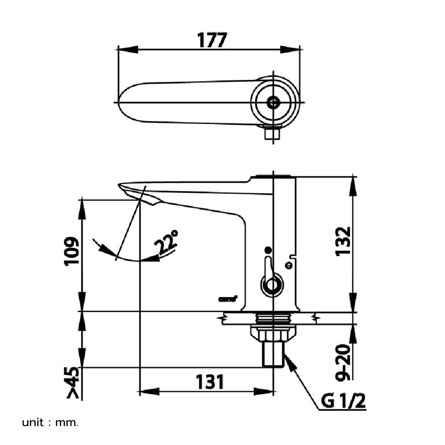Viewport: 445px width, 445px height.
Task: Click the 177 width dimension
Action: tap(212, 40)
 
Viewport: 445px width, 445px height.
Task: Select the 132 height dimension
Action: tap(343, 241)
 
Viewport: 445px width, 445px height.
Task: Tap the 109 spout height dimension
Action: tap(72, 251)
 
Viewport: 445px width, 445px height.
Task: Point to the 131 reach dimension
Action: tap(209, 382)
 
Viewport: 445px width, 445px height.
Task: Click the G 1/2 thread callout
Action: tap(343, 402)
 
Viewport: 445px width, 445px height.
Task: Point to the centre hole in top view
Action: tap(273, 102)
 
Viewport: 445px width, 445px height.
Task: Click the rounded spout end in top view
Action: tap(127, 102)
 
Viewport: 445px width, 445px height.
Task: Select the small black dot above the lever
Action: tap(267, 251)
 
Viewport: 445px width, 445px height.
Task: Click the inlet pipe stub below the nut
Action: tap(272, 354)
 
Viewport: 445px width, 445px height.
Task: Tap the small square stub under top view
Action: tap(272, 133)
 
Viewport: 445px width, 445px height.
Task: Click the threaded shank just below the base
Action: tap(273, 318)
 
